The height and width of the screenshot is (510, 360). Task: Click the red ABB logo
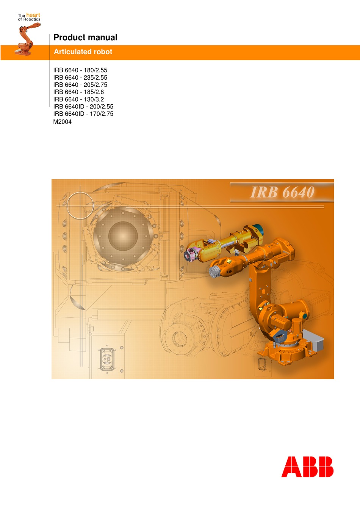click(x=307, y=466)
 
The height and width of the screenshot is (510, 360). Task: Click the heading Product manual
click(x=85, y=38)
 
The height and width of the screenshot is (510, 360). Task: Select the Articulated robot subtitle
click(x=83, y=52)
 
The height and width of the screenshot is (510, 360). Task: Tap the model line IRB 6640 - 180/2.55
click(x=80, y=70)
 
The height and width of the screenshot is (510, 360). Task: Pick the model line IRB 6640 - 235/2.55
click(x=80, y=77)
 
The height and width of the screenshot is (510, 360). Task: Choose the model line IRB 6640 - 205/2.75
click(x=80, y=85)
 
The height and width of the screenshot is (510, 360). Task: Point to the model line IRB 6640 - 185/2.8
click(x=78, y=92)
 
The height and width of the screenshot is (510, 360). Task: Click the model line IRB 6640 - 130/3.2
click(x=78, y=99)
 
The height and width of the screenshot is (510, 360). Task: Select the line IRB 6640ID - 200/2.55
click(x=83, y=107)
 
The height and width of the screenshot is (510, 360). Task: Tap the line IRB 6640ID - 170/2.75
click(x=83, y=114)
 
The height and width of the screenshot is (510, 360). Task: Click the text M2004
click(x=62, y=122)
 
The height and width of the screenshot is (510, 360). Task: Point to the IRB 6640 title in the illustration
click(x=282, y=192)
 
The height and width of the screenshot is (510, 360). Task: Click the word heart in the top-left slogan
click(x=33, y=15)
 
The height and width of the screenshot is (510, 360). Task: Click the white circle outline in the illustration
click(x=80, y=206)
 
